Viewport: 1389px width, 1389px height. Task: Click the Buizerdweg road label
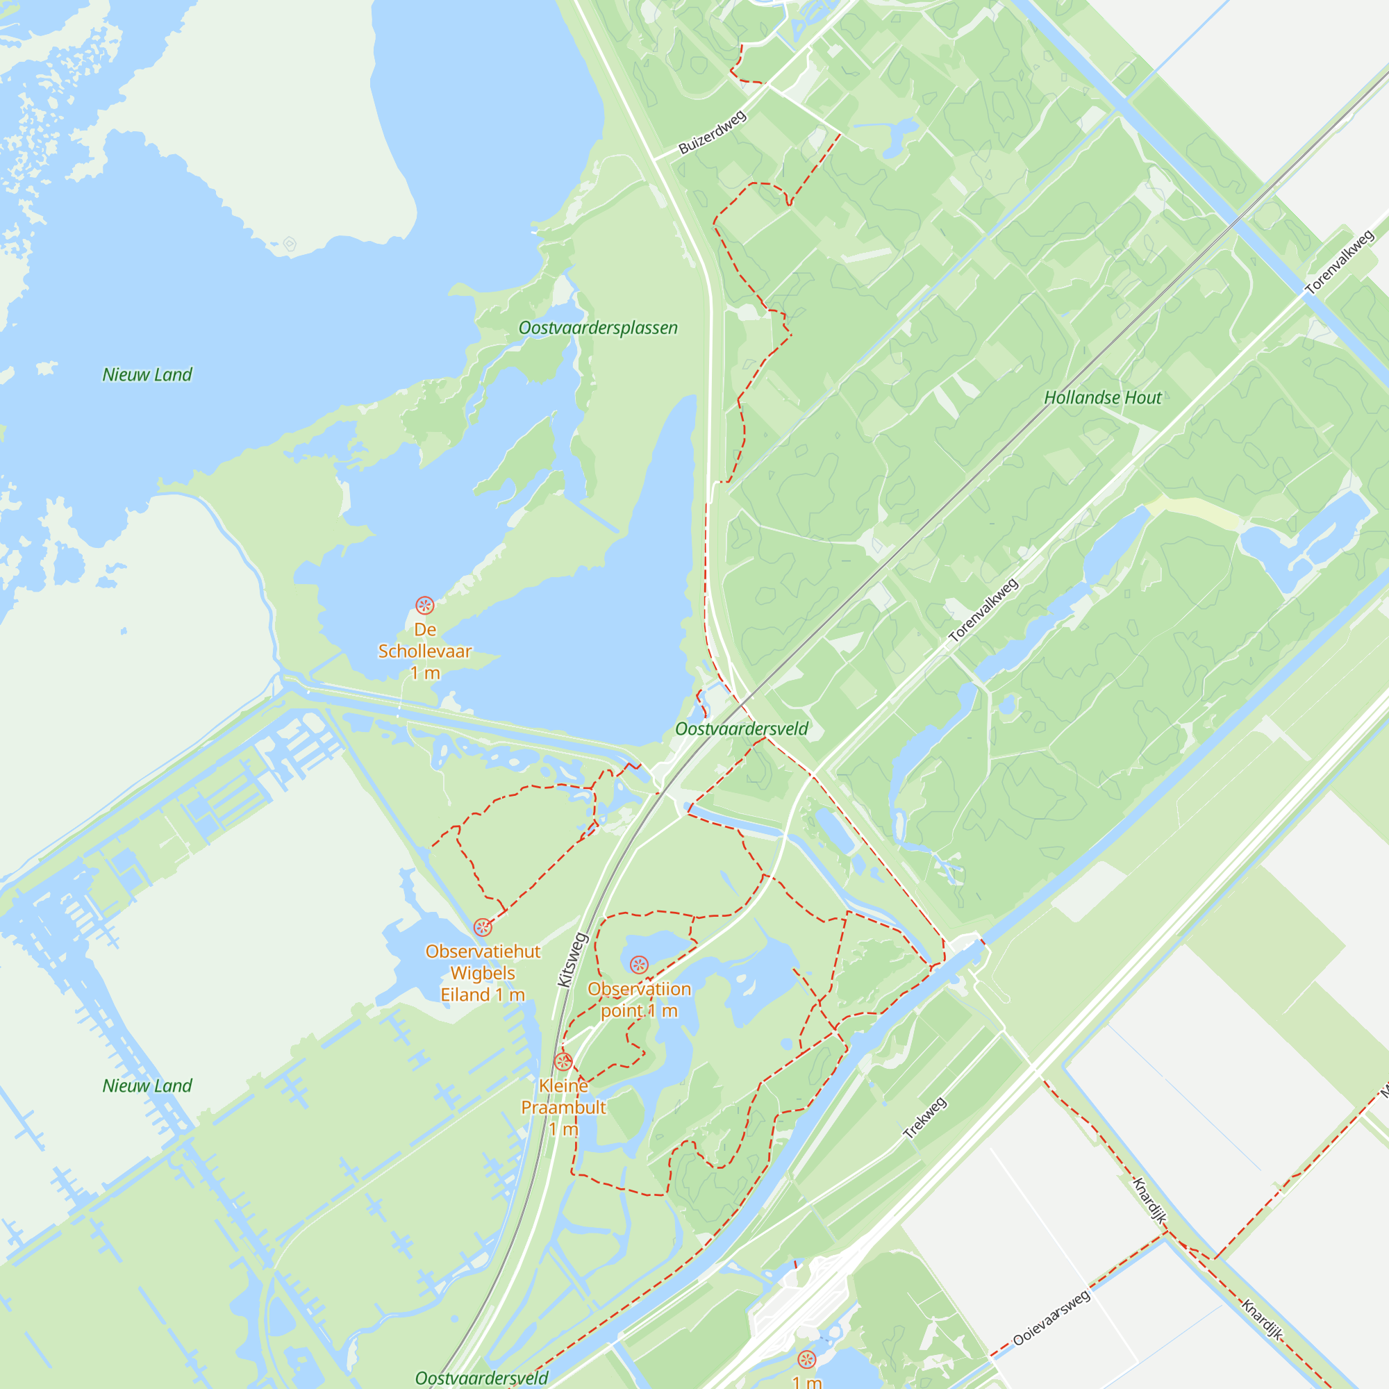[x=713, y=132]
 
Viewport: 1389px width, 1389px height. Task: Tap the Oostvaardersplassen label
[x=598, y=328]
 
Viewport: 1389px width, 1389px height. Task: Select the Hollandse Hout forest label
[x=1102, y=397]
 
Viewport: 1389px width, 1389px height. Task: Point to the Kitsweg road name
[x=573, y=960]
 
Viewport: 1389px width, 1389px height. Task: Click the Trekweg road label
[x=924, y=1119]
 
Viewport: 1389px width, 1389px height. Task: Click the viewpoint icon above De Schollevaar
[x=425, y=605]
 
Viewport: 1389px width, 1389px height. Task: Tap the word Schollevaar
[x=425, y=651]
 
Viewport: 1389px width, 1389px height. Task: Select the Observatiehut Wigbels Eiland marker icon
[x=483, y=927]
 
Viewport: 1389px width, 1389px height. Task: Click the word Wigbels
[x=483, y=974]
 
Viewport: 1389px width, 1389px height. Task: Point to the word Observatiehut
[x=483, y=951]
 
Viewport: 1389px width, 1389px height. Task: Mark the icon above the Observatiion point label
[x=639, y=965]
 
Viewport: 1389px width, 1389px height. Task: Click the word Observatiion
[x=639, y=989]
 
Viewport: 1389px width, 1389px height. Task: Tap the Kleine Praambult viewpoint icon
[x=564, y=1062]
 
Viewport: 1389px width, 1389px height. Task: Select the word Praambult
[x=564, y=1107]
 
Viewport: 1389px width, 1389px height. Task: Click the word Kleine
[x=564, y=1086]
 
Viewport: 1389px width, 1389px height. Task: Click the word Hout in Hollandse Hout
[x=1143, y=397]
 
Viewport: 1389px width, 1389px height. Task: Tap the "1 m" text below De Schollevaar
[x=425, y=673]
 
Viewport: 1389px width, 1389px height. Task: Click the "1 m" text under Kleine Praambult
[x=564, y=1129]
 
